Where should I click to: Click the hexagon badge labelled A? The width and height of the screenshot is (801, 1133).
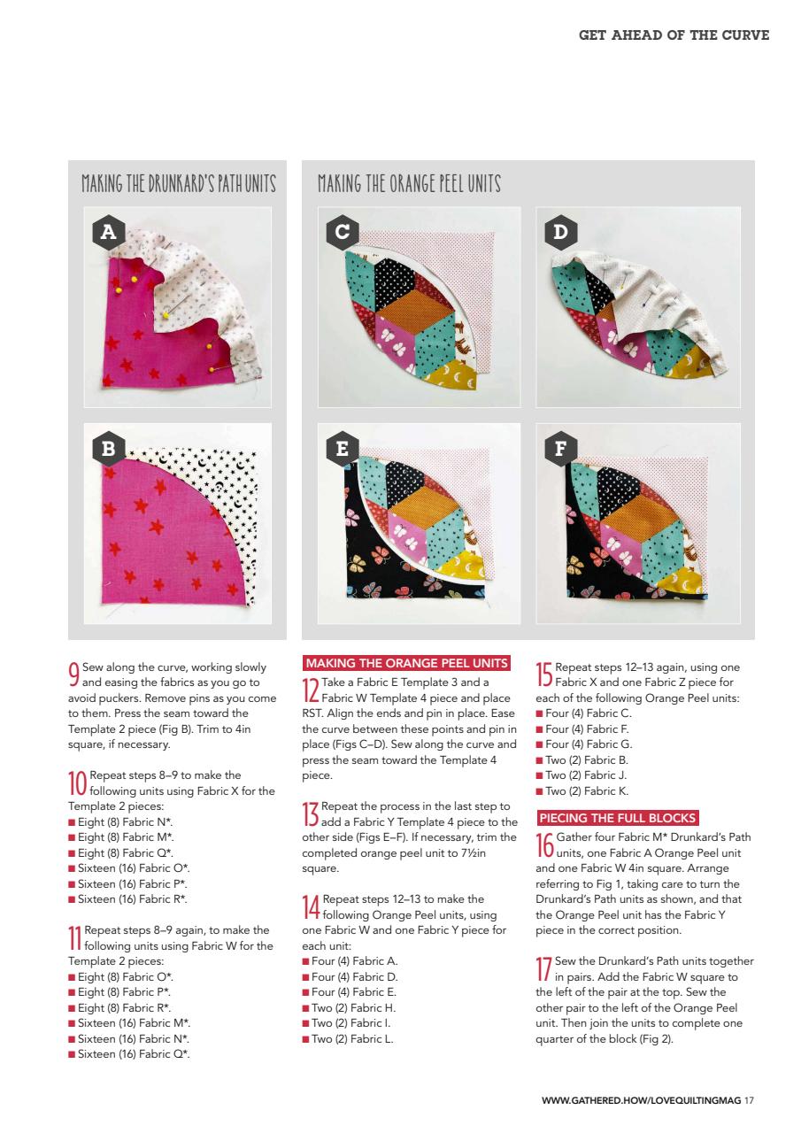tap(109, 232)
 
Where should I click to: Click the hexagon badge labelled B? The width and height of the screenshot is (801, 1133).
tap(109, 448)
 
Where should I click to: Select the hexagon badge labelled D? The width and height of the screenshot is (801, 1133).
tap(560, 232)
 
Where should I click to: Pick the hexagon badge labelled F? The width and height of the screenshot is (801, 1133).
tap(560, 448)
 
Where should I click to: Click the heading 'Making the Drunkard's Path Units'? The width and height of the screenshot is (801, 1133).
tap(179, 185)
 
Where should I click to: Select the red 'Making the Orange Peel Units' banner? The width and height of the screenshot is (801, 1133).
tap(406, 663)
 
